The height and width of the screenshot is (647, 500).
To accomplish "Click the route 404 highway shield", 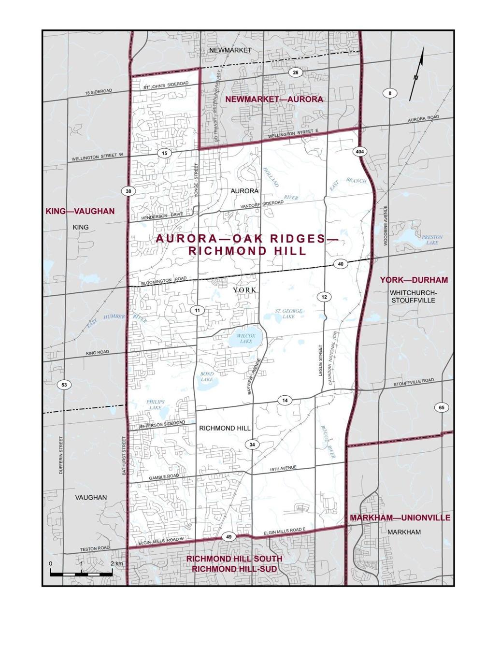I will [359, 151].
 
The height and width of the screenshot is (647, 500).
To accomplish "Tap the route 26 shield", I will [296, 72].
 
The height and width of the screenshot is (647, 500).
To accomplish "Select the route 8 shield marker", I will [390, 93].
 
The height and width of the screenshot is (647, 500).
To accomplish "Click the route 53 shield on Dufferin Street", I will [63, 385].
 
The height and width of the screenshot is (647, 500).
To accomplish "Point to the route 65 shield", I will [441, 408].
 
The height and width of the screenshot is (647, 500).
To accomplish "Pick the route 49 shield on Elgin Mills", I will [229, 537].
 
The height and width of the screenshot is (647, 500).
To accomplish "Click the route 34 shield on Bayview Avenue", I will [252, 444].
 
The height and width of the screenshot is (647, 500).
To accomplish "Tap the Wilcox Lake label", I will [246, 338].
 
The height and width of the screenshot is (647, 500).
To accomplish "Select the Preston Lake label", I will [431, 240].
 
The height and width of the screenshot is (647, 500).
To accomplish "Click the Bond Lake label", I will [207, 377].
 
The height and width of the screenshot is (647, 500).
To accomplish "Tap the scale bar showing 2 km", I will [81, 573].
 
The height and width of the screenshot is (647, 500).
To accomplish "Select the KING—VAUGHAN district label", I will [80, 211].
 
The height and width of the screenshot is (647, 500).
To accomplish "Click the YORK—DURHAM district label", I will [414, 280].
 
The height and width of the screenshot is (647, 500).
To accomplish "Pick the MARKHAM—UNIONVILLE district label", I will [400, 518].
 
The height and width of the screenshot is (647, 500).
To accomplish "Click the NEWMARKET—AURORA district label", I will [274, 99].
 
